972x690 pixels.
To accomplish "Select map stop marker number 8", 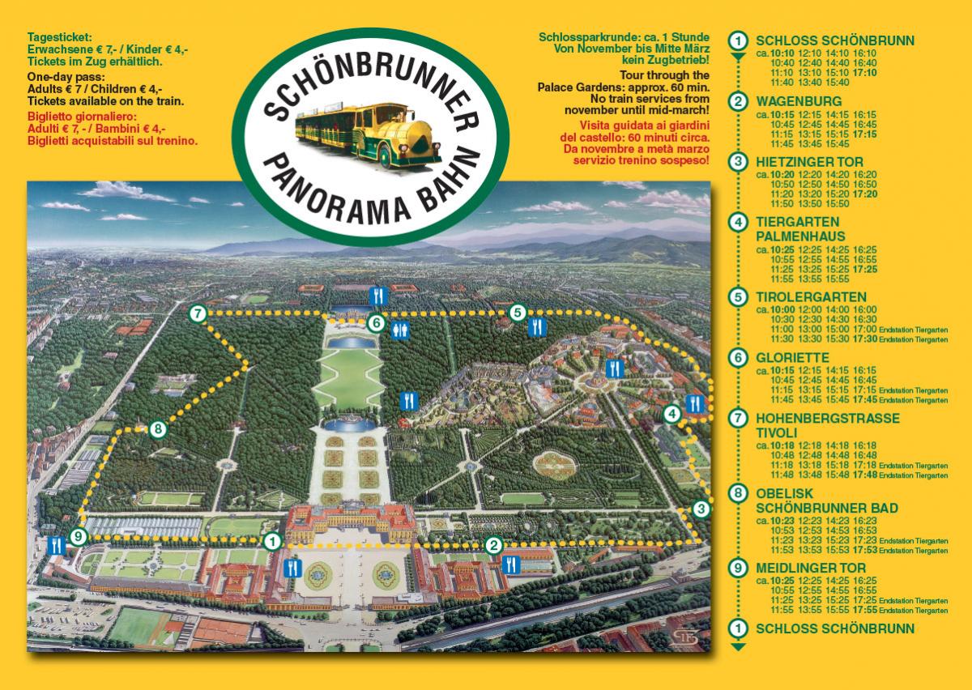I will pyautogui.click(x=157, y=429).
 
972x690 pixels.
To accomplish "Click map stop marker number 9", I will pyautogui.click(x=78, y=536).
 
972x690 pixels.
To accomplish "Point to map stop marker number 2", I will pyautogui.click(x=494, y=545).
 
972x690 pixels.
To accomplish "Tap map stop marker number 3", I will pyautogui.click(x=701, y=509).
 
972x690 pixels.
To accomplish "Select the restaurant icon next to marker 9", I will pyautogui.click(x=56, y=545).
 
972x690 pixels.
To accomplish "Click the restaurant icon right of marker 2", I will pyautogui.click(x=511, y=564).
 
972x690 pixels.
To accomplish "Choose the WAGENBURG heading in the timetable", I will pyautogui.click(x=800, y=102).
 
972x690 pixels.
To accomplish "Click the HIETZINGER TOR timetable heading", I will pyautogui.click(x=812, y=162).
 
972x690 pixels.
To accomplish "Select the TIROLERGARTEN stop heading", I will pyautogui.click(x=811, y=297).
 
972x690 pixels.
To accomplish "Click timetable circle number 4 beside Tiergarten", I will pyautogui.click(x=737, y=222).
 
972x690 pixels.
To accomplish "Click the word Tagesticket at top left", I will pyautogui.click(x=59, y=38).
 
